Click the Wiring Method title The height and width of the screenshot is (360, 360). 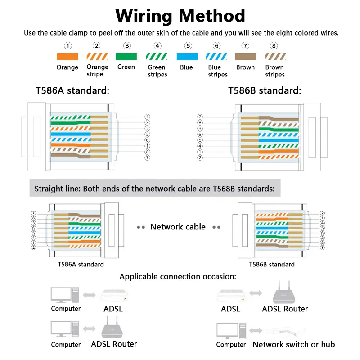point(180,16)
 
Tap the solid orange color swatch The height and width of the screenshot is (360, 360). point(67,57)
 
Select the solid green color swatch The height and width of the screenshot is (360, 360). point(127,57)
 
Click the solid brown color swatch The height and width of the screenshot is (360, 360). point(245,57)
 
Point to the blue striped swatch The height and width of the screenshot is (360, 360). point(216,57)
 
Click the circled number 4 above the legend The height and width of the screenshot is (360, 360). point(157,45)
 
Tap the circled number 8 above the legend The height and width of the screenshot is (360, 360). point(274,45)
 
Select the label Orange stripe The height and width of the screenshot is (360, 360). point(97,71)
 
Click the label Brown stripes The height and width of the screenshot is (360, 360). point(274,71)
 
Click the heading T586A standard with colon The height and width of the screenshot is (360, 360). point(72,90)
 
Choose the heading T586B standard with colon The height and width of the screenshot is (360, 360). point(264,90)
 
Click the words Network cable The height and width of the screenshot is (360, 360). point(178,227)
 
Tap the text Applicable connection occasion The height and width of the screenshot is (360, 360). point(178,276)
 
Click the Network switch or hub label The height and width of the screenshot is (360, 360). point(293,344)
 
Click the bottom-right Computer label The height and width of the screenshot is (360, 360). point(231,345)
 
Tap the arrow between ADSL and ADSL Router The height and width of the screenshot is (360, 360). point(256,293)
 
